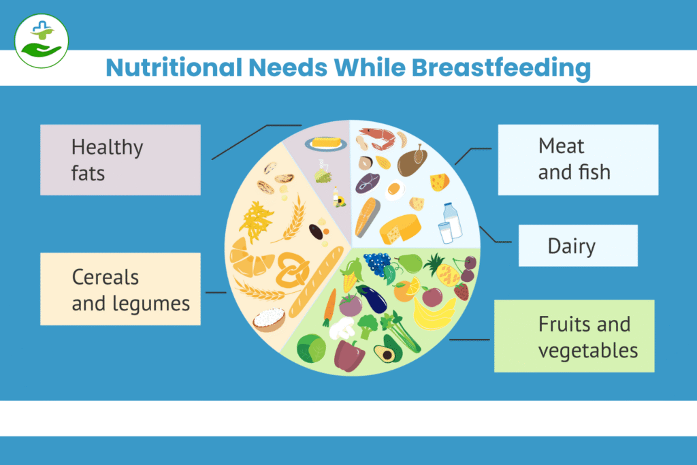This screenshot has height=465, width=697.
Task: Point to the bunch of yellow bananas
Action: tap(434, 315)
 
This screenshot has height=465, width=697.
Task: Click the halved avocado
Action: tap(385, 353)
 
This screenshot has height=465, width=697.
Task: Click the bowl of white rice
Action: tap(269, 319)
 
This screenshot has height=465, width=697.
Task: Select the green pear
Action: tap(410, 262)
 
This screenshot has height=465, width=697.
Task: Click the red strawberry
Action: tap(461, 291)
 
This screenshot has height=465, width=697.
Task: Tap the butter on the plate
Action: tap(326, 143)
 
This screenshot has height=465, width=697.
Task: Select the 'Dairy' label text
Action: tap(571, 246)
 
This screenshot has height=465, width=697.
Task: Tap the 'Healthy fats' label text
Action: tap(107, 159)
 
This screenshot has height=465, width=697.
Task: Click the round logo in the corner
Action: tap(42, 40)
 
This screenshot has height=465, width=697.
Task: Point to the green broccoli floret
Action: tap(368, 325)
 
